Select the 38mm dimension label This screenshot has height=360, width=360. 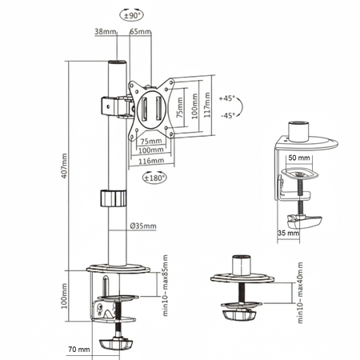[105, 32]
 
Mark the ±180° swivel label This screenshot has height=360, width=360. [154, 178]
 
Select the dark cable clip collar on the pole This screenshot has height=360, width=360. [114, 198]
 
